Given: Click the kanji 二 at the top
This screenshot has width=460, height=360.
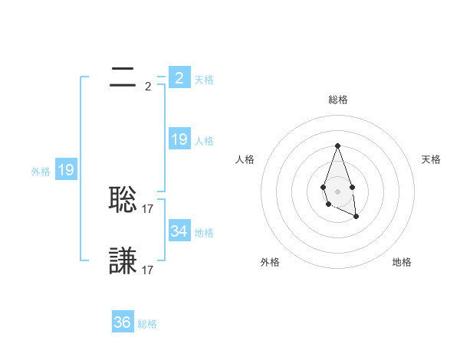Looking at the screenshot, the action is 123,77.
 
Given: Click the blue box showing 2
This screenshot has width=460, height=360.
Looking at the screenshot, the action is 179,78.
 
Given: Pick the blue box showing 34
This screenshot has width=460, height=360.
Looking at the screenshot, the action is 179,231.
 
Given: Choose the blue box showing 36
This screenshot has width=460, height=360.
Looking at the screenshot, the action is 122,322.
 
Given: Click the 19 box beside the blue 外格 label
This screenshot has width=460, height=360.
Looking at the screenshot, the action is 66,170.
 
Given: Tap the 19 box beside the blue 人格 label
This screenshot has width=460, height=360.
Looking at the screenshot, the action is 179,139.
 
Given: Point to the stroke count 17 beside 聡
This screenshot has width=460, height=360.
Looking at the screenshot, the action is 149,207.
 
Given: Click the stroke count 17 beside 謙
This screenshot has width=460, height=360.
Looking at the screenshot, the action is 149,270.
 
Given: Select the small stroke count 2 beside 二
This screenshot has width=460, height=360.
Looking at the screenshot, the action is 148,86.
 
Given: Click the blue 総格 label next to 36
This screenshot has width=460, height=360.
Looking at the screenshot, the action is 147,324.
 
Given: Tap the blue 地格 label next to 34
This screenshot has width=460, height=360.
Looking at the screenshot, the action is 204,232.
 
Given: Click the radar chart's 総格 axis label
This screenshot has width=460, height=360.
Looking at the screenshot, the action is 337,100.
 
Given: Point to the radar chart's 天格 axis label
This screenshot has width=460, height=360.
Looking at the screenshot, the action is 431,159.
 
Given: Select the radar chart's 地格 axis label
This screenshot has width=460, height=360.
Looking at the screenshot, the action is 402,262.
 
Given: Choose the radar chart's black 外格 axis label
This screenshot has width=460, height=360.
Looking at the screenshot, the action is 270,262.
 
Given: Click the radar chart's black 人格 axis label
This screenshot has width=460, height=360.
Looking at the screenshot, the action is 245,159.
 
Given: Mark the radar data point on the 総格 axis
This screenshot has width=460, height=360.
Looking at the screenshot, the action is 337,146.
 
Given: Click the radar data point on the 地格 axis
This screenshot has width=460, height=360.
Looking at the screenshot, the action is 356,217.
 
